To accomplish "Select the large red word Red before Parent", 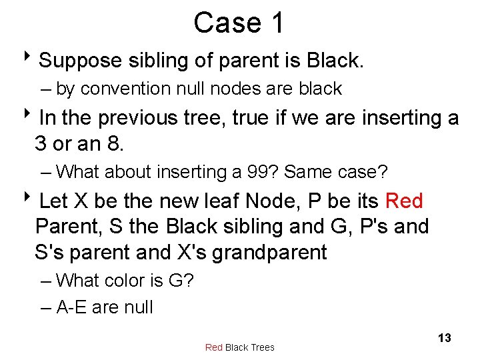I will click(404, 201).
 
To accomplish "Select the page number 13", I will click(444, 338).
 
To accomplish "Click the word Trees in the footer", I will click(261, 347).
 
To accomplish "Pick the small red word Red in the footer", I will click(214, 347).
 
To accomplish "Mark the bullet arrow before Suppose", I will click(31, 61).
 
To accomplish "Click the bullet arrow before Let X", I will click(31, 201).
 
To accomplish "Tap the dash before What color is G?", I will click(45, 281).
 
